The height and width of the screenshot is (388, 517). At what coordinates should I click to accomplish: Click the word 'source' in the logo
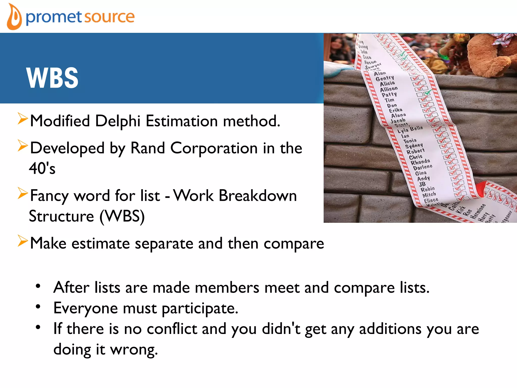109,17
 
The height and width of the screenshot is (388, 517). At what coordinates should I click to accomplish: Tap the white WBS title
52,78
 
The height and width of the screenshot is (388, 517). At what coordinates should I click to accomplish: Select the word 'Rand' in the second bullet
147,148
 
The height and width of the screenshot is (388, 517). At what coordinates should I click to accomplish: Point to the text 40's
42,168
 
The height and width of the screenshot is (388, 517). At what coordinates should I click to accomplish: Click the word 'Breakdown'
257,196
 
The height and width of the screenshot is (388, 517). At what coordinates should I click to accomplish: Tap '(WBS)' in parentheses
122,216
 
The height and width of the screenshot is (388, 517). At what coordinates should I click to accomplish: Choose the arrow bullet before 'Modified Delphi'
22,119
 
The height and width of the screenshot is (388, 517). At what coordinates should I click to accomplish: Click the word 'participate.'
200,309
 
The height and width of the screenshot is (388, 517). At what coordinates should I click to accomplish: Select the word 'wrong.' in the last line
134,350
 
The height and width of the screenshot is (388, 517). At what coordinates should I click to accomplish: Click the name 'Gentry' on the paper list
384,78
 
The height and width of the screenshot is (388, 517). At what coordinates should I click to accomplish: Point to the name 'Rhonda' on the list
420,162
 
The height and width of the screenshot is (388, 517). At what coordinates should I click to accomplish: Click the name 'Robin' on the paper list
428,189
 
